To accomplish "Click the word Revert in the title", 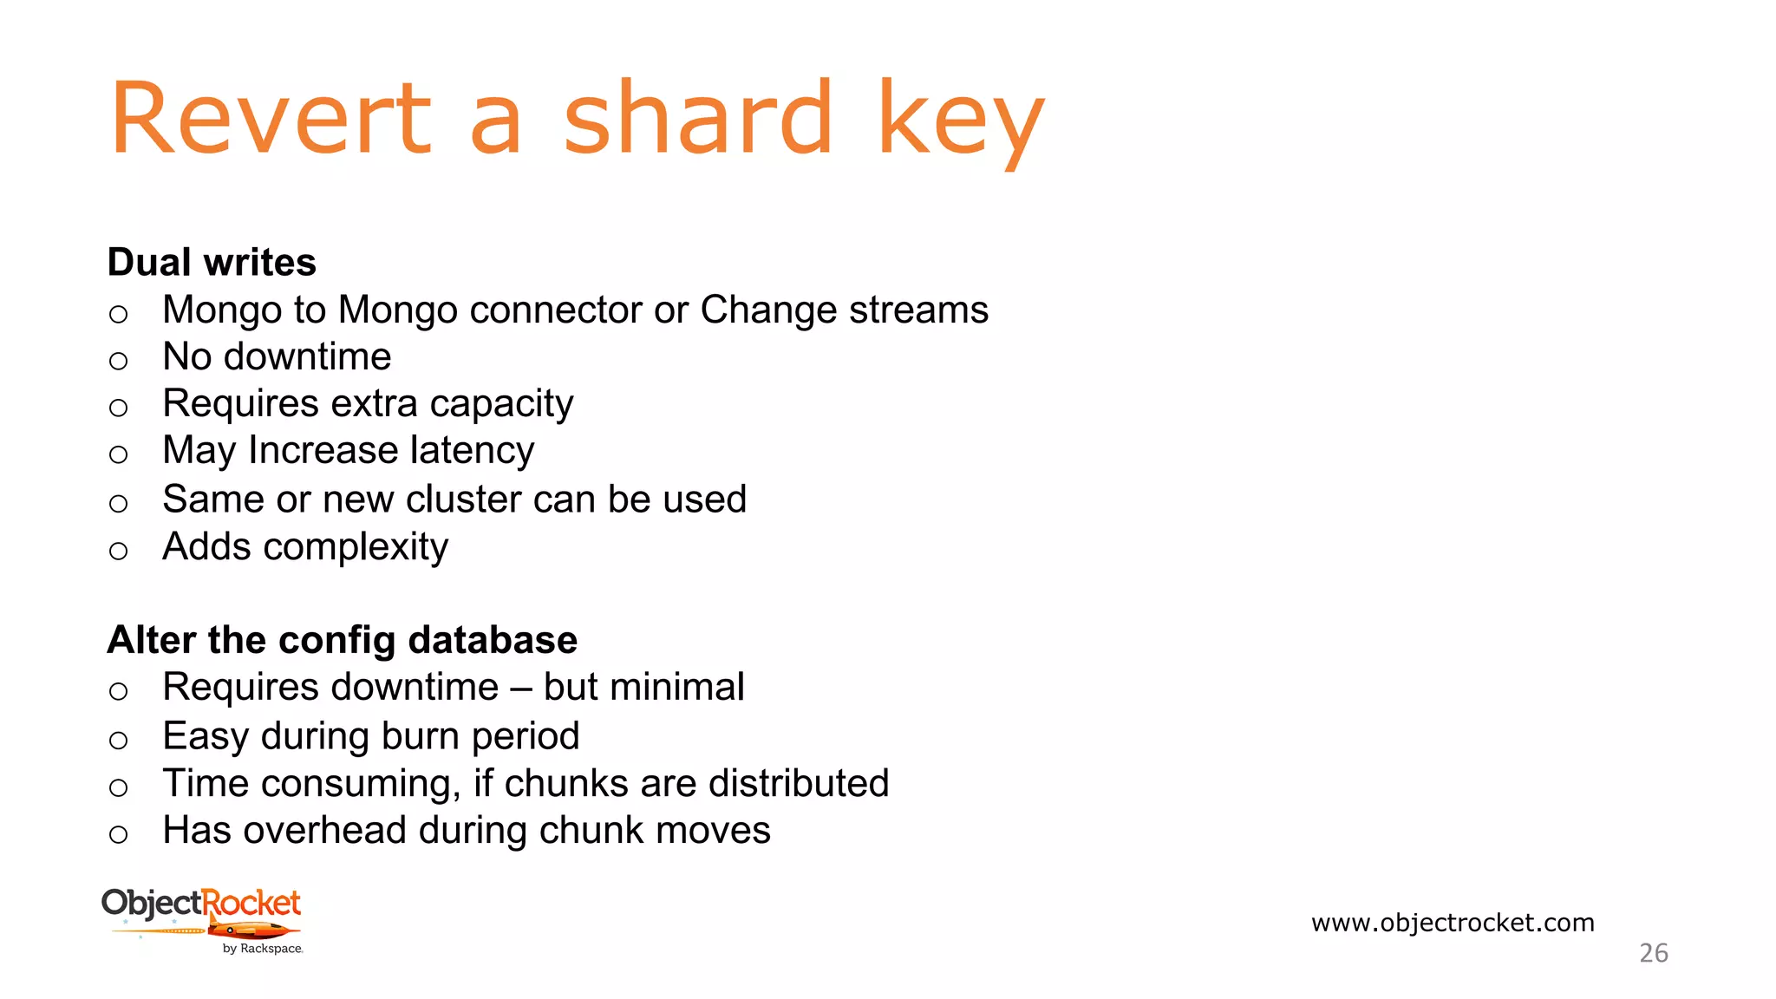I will pos(271,118).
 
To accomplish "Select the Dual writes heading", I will pos(212,262).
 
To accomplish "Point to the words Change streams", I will pos(844,310).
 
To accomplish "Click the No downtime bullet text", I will pos(277,357).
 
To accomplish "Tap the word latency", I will pos(472,451).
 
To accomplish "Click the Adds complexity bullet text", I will pos(305,547).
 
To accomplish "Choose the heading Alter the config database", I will pos(342,640).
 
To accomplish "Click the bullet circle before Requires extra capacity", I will pos(119,408).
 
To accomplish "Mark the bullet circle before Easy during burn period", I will pos(119,741).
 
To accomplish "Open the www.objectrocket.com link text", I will pos(1453,923).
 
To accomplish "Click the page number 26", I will pos(1653,953).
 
